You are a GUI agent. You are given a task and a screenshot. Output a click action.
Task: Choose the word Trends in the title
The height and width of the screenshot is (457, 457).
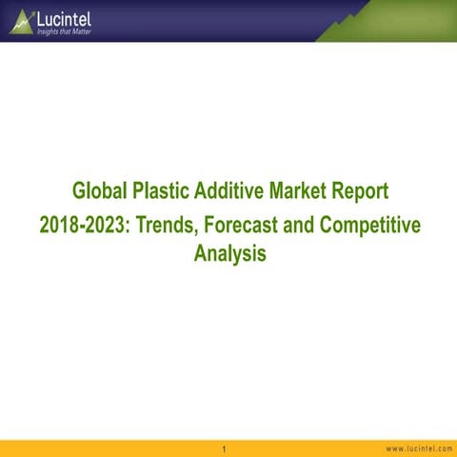(165, 225)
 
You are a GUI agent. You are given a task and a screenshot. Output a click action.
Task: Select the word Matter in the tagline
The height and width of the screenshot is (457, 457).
(81, 31)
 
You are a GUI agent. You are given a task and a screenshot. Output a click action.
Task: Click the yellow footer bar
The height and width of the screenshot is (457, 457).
(114, 448)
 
